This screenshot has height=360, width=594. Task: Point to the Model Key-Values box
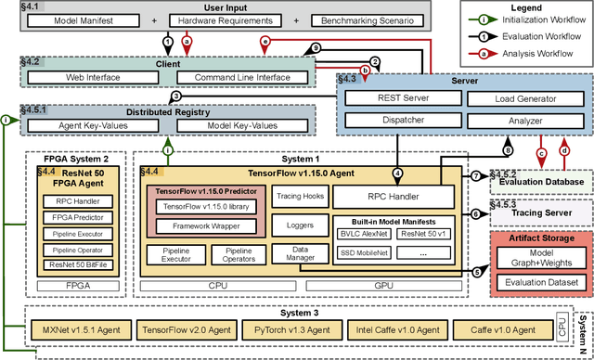(x=242, y=125)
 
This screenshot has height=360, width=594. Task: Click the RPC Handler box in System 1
(x=394, y=197)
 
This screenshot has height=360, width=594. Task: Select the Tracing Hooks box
(x=295, y=196)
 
